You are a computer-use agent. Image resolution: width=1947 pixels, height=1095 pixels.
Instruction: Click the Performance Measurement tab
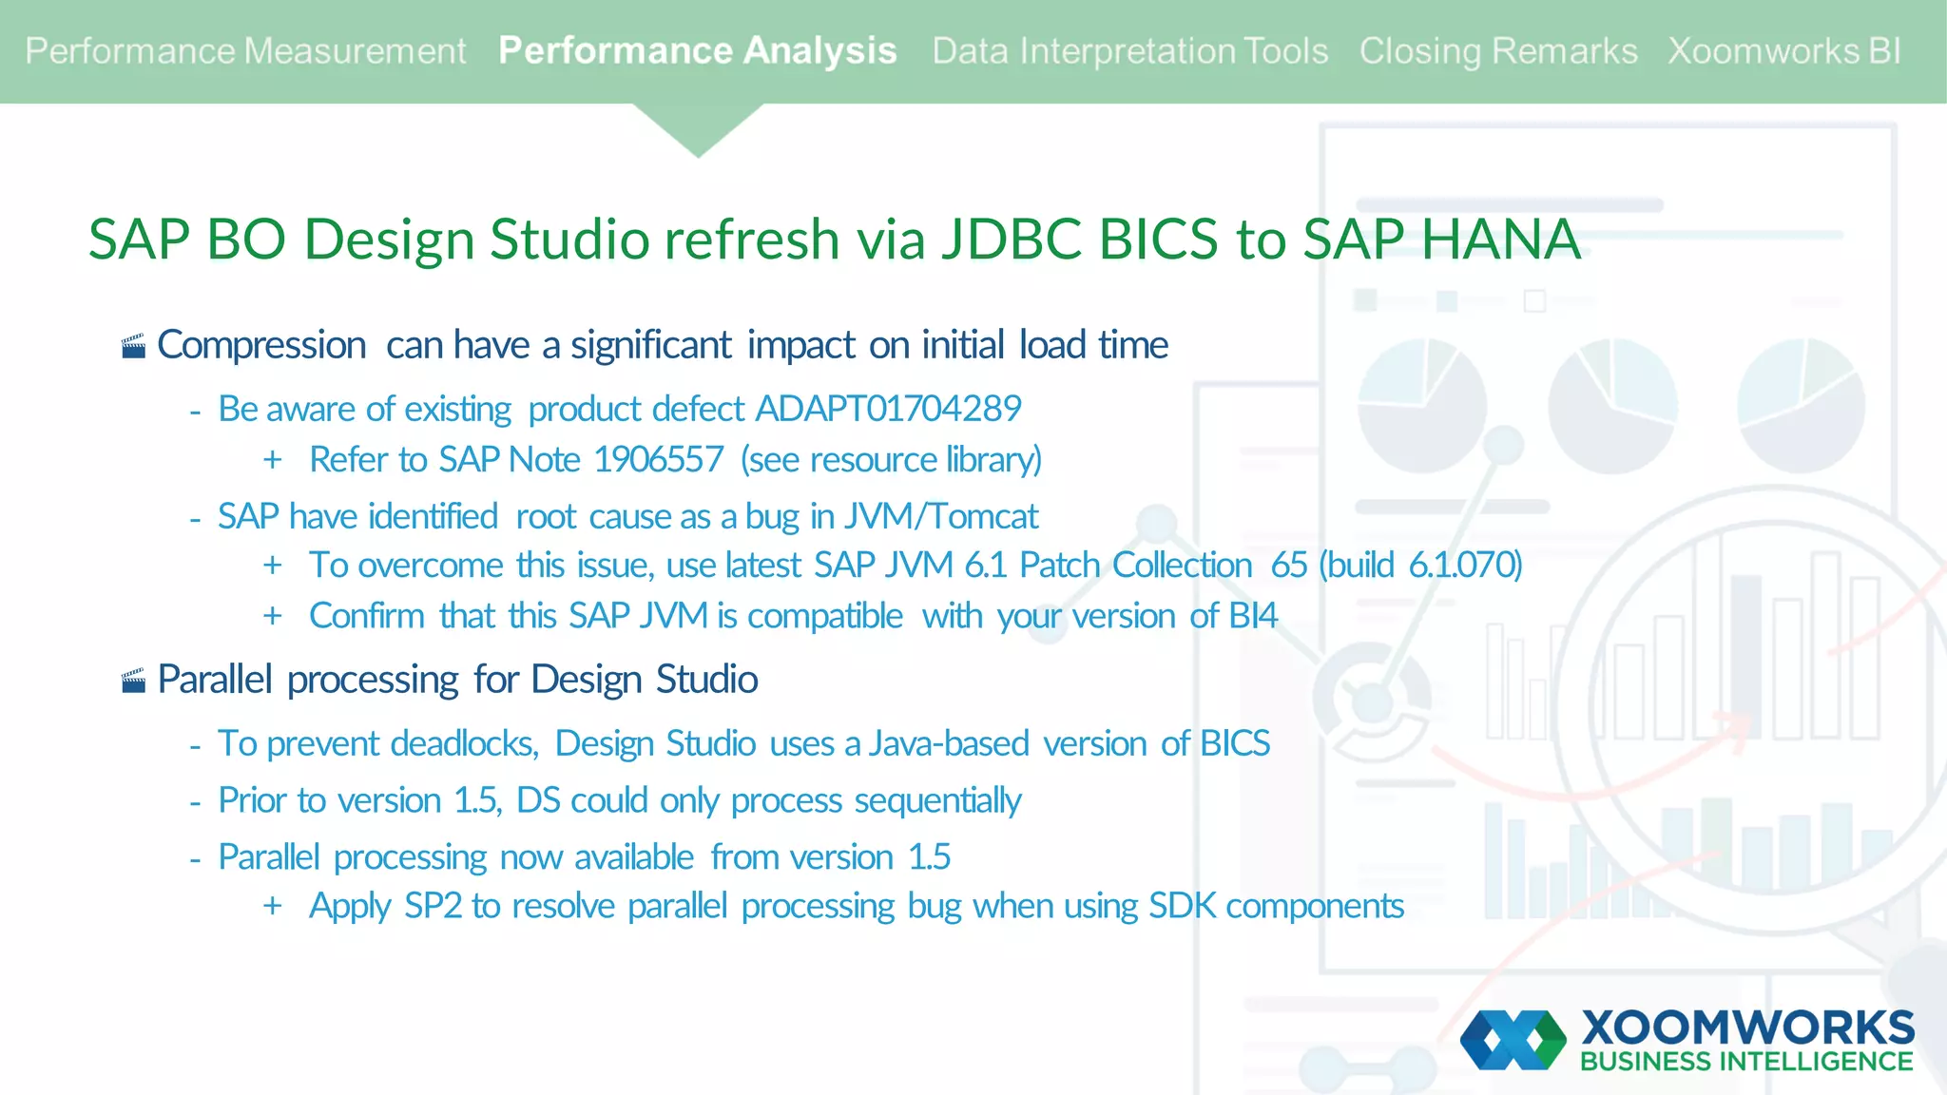click(x=245, y=51)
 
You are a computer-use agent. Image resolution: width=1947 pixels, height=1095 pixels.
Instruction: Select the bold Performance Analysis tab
click(x=697, y=51)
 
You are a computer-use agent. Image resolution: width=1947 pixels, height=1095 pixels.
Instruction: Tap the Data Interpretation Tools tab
click(x=1129, y=51)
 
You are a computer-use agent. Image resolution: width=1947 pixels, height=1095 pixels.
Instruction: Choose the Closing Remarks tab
click(x=1497, y=51)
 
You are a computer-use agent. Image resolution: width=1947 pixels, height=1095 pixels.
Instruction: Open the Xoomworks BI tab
click(x=1783, y=51)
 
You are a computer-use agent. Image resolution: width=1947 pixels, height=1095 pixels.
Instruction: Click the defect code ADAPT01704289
click(x=888, y=409)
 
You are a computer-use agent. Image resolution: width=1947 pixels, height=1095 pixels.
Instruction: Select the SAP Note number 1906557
click(x=658, y=460)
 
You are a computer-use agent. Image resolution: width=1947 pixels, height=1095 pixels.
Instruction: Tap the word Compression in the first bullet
click(x=261, y=345)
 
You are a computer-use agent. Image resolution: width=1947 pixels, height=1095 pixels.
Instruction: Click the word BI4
click(x=1252, y=616)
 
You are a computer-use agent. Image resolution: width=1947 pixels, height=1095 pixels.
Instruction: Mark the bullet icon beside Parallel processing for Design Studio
click(x=134, y=681)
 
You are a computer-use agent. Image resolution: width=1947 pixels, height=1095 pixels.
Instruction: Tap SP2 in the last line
click(x=433, y=906)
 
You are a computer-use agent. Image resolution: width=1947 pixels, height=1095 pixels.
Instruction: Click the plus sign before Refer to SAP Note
click(x=273, y=460)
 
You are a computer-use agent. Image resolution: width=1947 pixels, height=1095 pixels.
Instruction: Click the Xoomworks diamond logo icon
click(x=1513, y=1040)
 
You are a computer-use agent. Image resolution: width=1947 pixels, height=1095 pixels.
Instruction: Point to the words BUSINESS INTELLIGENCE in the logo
click(x=1745, y=1062)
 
